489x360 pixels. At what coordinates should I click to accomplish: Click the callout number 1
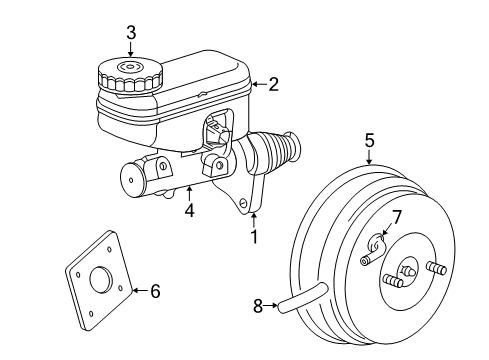254,237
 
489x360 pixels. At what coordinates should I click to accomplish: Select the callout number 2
273,85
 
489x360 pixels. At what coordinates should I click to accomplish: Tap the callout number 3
131,32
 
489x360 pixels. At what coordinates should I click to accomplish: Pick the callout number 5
369,141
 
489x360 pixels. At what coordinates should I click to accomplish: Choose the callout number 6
154,291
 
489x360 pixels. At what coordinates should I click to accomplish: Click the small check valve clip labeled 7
377,244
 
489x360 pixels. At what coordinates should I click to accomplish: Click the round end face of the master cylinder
130,184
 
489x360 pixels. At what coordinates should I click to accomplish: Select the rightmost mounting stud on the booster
436,267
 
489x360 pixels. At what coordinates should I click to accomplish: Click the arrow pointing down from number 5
369,156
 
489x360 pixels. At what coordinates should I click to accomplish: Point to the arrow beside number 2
257,85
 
